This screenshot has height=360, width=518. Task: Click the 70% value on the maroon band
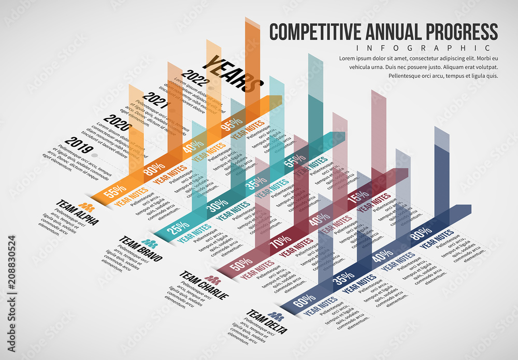[x=280, y=241]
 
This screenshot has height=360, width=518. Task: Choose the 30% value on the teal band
[x=218, y=205]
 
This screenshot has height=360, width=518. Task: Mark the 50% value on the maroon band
[x=241, y=264]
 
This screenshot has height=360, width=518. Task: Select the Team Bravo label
[x=140, y=249]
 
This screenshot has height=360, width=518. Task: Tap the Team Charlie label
[x=204, y=285]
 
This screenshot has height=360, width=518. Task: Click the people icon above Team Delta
[x=276, y=315]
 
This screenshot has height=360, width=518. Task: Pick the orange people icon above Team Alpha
[x=87, y=206]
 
